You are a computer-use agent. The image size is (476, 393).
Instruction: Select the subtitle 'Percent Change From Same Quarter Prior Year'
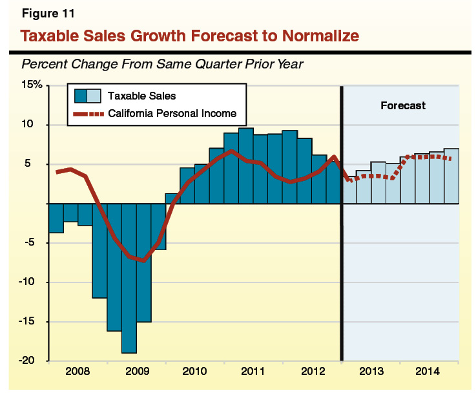click(163, 64)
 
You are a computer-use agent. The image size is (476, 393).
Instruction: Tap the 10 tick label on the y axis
click(36, 124)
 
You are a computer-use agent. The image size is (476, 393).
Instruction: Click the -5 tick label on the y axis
click(36, 242)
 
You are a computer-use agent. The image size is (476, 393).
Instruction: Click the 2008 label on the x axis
click(78, 372)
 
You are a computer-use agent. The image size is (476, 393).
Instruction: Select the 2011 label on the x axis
click(253, 372)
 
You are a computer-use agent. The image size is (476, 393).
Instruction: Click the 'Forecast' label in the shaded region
click(402, 105)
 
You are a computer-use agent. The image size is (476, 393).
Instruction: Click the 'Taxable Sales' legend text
click(141, 96)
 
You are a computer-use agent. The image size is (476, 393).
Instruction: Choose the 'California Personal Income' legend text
click(172, 114)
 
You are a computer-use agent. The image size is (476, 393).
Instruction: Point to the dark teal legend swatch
click(81, 96)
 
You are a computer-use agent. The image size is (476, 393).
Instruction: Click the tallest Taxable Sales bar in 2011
click(246, 165)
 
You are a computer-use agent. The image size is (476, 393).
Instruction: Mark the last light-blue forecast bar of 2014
click(451, 176)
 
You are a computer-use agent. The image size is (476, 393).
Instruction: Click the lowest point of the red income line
click(143, 260)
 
